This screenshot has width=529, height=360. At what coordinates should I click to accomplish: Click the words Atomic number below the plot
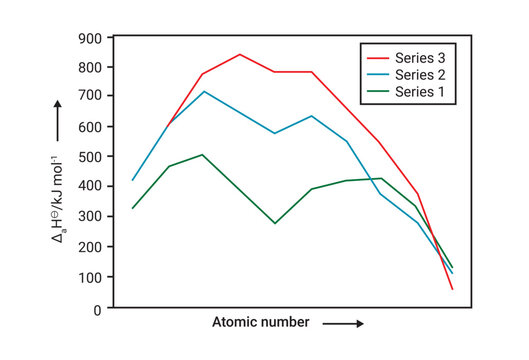pyautogui.click(x=260, y=323)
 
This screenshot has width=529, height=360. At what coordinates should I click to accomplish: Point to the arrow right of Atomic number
pyautogui.click(x=342, y=324)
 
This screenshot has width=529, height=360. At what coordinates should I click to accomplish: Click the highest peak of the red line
pyautogui.click(x=240, y=54)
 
